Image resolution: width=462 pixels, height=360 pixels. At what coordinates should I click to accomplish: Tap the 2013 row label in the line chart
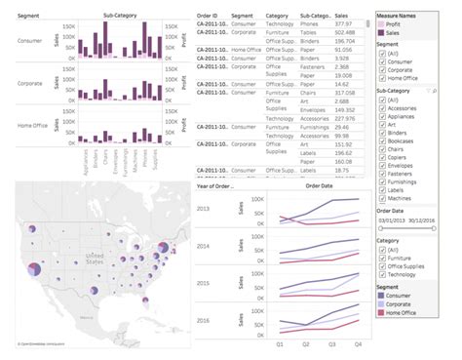click(203, 209)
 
